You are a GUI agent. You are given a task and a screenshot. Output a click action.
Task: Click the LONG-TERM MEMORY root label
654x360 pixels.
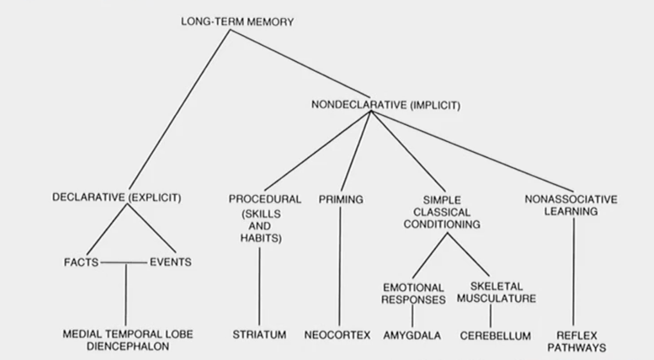click(237, 22)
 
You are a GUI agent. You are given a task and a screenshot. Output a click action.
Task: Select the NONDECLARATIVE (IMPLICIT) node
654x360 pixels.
click(386, 104)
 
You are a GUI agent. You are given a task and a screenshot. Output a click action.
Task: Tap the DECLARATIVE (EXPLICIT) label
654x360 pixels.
click(117, 198)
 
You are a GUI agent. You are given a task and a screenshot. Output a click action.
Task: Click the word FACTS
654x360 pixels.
click(81, 262)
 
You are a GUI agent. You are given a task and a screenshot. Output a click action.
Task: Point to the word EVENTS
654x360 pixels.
click(170, 262)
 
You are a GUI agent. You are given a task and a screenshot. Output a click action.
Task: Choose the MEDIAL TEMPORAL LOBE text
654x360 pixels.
click(127, 334)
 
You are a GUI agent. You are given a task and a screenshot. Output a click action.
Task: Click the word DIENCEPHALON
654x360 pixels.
click(127, 347)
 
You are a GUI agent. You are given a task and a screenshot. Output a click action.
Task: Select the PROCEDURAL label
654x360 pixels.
click(265, 199)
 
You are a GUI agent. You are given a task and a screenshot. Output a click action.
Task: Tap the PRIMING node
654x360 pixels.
click(341, 200)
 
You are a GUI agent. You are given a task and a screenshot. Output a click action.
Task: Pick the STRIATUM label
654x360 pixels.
click(259, 335)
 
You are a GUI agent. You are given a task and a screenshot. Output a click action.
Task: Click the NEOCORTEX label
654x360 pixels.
click(337, 336)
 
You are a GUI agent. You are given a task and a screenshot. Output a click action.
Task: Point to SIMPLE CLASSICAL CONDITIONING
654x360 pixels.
click(442, 212)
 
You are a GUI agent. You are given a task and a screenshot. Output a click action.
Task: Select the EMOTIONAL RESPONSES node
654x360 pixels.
click(413, 293)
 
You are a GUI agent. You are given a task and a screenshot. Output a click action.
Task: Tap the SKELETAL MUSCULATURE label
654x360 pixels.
click(497, 292)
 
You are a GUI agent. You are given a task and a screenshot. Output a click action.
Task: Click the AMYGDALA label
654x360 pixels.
click(412, 336)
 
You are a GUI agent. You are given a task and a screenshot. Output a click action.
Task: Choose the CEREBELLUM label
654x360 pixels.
click(495, 336)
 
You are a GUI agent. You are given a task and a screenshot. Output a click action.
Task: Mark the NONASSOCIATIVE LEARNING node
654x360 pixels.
click(571, 206)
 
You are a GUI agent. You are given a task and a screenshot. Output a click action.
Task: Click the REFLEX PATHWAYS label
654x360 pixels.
click(577, 342)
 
